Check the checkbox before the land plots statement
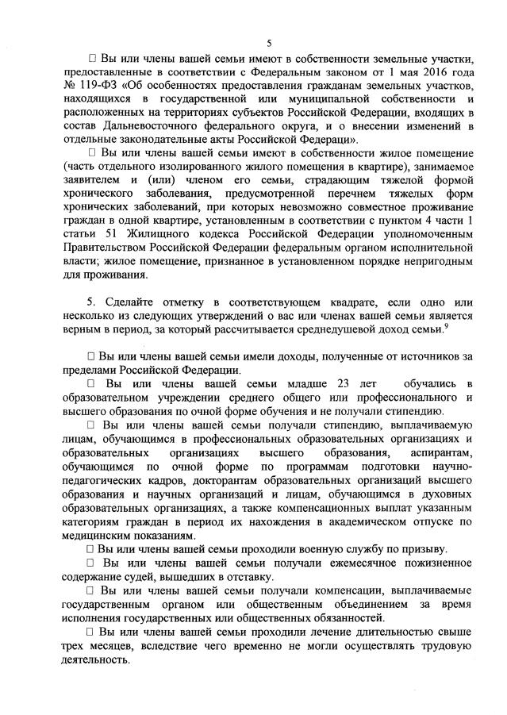tap(93, 59)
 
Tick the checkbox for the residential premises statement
tap(93, 152)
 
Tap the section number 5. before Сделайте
tap(91, 303)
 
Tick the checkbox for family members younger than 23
tap(93, 386)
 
